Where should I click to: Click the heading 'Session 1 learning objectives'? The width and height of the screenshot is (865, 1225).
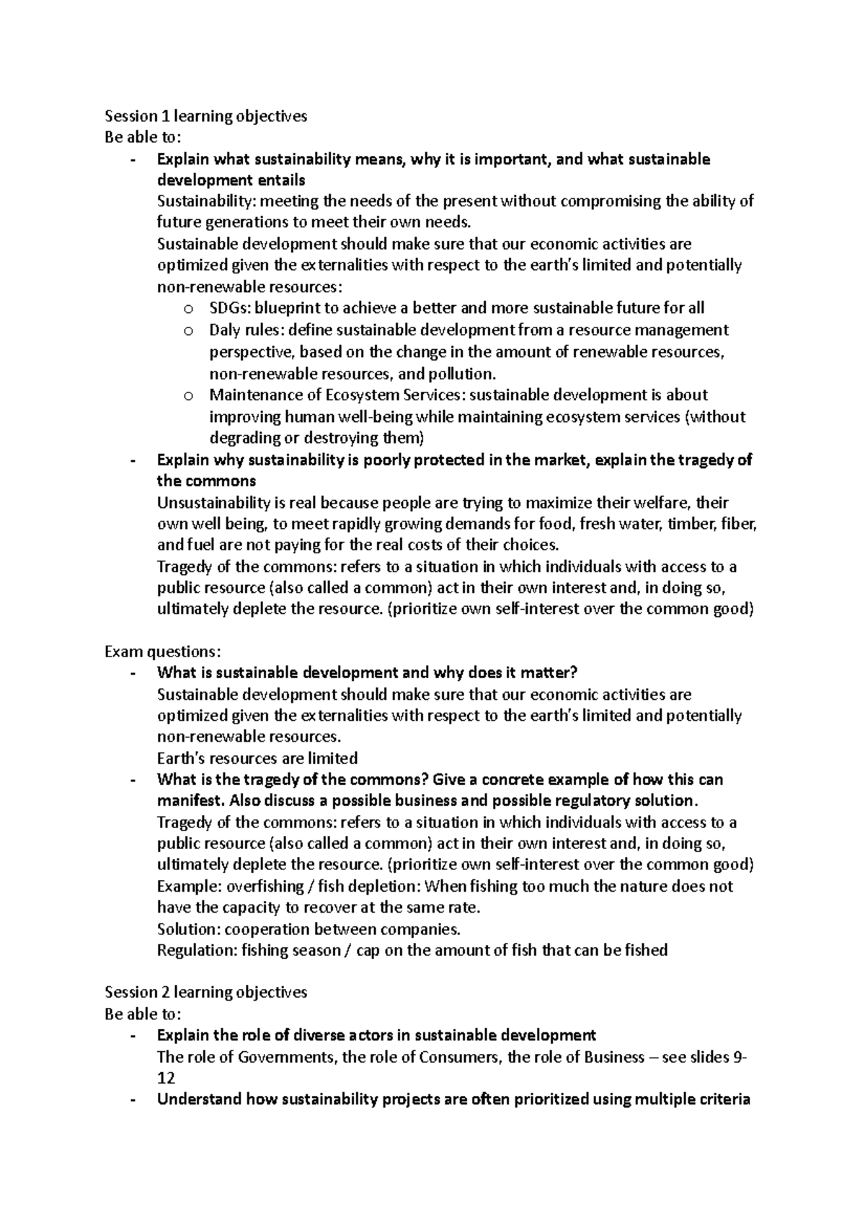point(205,116)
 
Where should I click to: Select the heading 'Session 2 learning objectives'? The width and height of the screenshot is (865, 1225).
point(205,992)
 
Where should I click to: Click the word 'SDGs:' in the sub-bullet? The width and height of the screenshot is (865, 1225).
point(228,309)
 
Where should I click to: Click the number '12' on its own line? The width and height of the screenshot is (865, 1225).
point(166,1079)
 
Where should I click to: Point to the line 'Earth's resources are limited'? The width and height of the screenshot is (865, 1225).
point(257,758)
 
